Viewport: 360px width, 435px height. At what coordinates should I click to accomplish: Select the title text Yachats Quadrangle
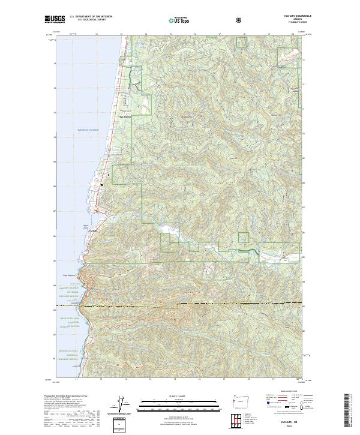tap(293, 17)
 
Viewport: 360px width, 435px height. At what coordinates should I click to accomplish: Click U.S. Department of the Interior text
tap(89, 17)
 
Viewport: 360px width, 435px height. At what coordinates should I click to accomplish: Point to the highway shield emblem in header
tap(240, 20)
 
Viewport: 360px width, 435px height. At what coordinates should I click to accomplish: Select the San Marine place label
tap(127, 116)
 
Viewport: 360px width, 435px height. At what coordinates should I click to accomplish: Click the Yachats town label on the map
tap(93, 230)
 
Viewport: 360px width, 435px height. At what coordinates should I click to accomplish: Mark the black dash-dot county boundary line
tap(180, 306)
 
